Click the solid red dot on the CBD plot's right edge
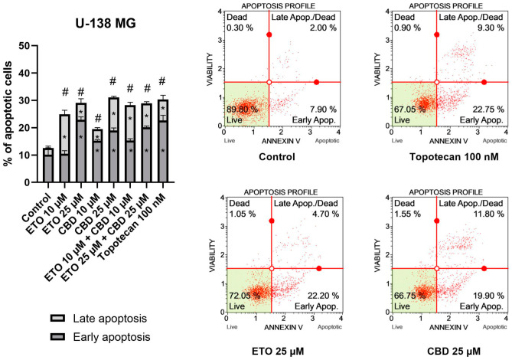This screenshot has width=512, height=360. [x=484, y=268]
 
